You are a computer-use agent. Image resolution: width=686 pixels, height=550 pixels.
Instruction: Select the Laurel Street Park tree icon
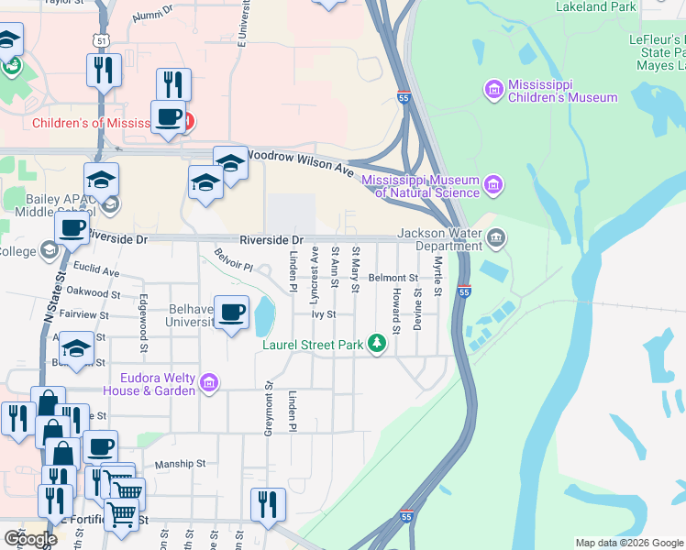point(376,344)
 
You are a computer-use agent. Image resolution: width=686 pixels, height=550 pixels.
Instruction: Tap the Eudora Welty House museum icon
point(208,383)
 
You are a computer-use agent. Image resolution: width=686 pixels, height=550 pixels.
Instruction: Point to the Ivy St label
point(324,313)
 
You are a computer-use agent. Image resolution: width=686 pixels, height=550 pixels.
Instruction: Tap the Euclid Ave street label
point(97,272)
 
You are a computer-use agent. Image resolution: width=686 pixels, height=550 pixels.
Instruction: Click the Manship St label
point(180,465)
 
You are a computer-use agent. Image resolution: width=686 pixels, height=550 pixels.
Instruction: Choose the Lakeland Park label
point(596,6)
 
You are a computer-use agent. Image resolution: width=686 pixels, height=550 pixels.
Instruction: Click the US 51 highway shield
point(101,39)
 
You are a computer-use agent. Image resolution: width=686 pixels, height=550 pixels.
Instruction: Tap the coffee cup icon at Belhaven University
point(232,312)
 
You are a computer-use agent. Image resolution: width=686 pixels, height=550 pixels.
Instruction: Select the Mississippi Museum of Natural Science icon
point(494,186)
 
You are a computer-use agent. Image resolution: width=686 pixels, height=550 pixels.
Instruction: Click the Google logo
point(30,539)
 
